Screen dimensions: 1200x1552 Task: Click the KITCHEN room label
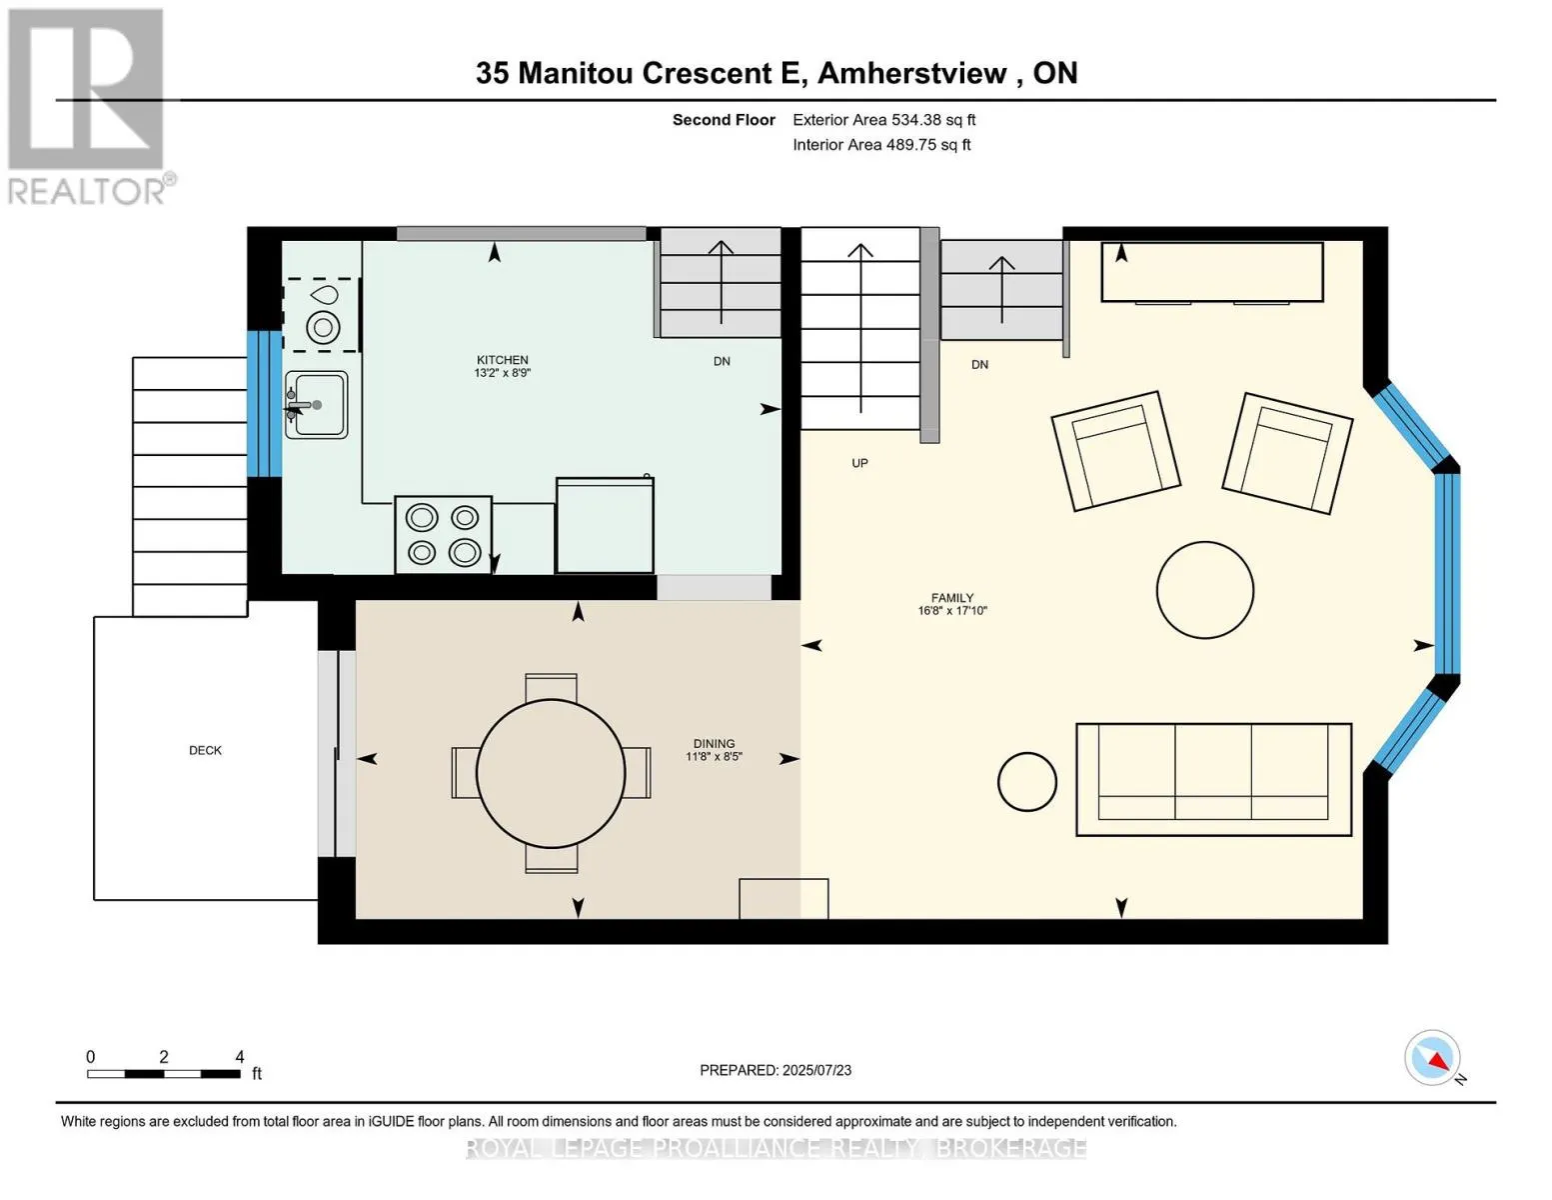[502, 360]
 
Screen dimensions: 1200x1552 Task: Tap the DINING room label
[714, 744]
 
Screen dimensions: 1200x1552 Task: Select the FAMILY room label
[951, 598]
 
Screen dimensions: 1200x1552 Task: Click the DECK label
[205, 750]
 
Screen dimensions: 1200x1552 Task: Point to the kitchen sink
[317, 405]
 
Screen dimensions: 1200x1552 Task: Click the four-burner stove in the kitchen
[443, 535]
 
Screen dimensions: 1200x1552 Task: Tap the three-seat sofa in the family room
[1213, 779]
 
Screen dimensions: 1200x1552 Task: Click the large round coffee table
[1204, 590]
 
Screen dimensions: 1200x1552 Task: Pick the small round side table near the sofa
[1026, 781]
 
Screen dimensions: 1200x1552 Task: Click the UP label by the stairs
[859, 463]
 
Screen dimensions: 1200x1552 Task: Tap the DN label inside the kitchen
[722, 361]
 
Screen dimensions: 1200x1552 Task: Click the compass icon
[1433, 1058]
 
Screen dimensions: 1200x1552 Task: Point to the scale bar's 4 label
[240, 1057]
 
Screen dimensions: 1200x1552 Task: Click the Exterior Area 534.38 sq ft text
[883, 120]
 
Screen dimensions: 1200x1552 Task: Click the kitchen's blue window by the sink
[264, 403]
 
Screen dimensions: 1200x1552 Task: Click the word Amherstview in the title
[912, 73]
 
